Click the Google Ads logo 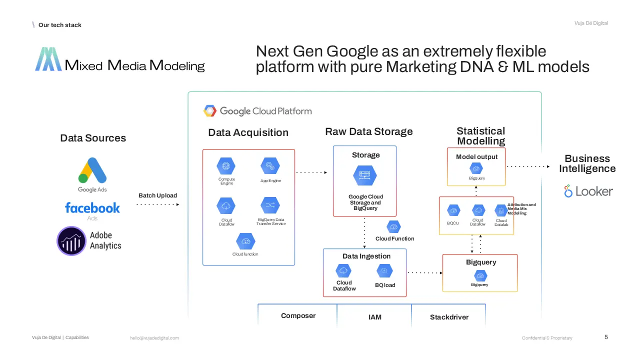92,171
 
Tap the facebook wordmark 92,208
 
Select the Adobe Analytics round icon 71,241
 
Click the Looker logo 588,191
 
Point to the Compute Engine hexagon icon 226,166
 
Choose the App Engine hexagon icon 270,166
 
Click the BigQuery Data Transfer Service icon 270,205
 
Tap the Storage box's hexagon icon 364,175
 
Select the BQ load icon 384,271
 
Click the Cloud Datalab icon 501,210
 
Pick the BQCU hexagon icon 453,210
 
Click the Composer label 298,316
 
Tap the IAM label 374,317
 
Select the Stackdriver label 449,317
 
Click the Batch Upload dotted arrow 157,204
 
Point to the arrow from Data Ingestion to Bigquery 425,272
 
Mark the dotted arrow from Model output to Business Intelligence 528,166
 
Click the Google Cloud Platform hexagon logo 210,111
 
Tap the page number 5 606,337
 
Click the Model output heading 476,157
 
